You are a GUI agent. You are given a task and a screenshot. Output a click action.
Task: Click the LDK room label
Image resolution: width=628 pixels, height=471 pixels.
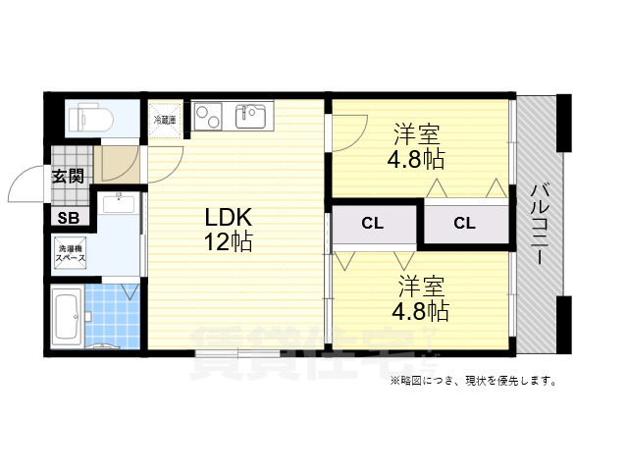228,217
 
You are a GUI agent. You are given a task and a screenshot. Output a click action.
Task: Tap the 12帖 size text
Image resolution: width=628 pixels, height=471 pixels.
228,241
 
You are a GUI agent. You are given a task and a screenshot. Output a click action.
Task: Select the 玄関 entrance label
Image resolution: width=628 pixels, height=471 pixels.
68,177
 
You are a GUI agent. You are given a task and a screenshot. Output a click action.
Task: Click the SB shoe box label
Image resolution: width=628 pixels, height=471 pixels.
69,219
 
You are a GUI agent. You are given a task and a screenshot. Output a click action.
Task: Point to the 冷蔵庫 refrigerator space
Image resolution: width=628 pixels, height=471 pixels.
165,119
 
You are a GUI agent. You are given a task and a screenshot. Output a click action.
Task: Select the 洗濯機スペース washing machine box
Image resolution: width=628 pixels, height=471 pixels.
71,254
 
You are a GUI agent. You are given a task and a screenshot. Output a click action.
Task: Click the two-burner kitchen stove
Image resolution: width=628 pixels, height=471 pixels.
209,116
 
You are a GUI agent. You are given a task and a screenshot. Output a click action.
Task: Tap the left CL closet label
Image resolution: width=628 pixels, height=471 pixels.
371,224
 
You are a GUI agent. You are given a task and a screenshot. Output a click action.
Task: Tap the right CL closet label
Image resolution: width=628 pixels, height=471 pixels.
464,224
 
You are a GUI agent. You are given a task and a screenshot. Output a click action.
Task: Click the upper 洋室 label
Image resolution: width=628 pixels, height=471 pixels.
419,133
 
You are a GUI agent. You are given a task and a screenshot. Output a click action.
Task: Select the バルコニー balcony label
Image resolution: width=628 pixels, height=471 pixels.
539,225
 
